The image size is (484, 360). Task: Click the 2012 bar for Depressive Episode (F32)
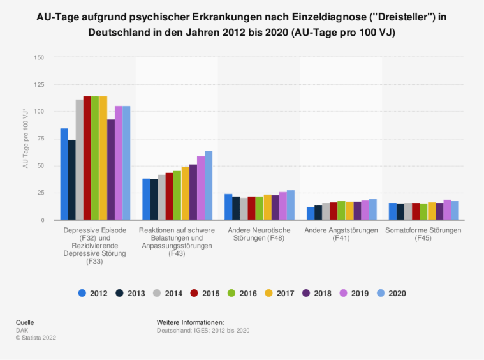click(x=64, y=174)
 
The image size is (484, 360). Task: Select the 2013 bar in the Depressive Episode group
click(x=72, y=180)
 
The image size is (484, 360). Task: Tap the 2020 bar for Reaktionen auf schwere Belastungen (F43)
click(x=209, y=186)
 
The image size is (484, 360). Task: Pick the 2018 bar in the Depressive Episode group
click(x=111, y=170)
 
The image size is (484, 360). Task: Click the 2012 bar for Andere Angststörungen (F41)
click(x=311, y=213)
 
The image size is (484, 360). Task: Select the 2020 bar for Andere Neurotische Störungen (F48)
click(x=290, y=205)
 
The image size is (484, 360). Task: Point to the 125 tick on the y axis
click(x=40, y=85)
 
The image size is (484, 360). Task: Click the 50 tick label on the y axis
click(x=41, y=166)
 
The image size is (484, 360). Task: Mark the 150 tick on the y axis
click(x=40, y=58)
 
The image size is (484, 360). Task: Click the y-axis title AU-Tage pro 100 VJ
click(x=26, y=139)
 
